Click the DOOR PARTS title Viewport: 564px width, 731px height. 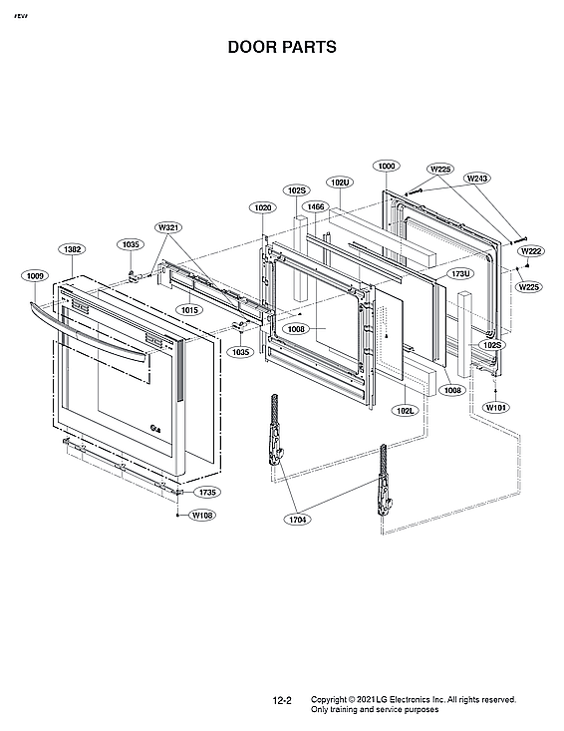(x=282, y=47)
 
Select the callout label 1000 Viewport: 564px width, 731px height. (x=386, y=166)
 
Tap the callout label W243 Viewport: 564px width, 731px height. (x=477, y=178)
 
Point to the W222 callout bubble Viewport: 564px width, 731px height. (x=531, y=251)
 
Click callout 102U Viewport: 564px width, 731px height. (x=340, y=183)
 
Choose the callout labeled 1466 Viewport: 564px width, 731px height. (x=316, y=206)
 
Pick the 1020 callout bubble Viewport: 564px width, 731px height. (x=262, y=207)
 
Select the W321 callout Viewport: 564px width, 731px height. (x=168, y=228)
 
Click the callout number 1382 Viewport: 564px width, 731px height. (x=72, y=249)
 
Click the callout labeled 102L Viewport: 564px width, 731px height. (x=406, y=410)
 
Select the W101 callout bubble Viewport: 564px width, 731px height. (x=495, y=408)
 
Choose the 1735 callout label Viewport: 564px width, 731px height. (x=207, y=493)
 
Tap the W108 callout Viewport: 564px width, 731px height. (x=202, y=516)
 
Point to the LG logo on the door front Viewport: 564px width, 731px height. (x=155, y=429)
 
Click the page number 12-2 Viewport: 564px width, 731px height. (x=282, y=701)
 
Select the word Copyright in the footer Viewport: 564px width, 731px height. (x=331, y=699)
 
